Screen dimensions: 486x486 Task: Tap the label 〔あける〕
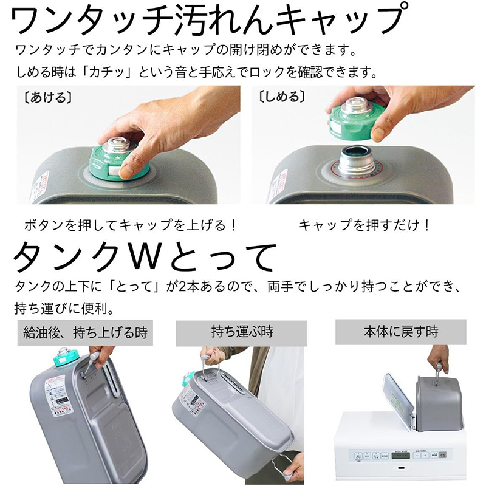click(46, 97)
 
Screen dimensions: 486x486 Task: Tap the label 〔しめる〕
click(280, 97)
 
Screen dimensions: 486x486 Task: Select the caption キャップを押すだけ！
click(364, 225)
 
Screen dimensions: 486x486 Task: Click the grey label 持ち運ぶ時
click(242, 332)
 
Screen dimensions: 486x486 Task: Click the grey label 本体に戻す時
click(401, 332)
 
